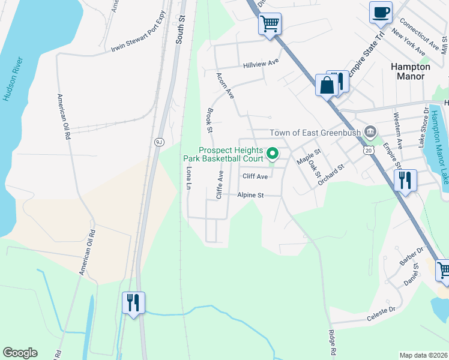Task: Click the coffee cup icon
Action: [x=381, y=13]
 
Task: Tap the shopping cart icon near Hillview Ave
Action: [x=270, y=24]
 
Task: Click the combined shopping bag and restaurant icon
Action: [x=330, y=84]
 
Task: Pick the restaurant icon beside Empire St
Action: [x=405, y=179]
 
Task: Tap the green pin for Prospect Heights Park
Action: [x=273, y=154]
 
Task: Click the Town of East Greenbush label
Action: [x=316, y=133]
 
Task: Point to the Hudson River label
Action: [x=13, y=80]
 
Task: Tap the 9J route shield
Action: [x=159, y=142]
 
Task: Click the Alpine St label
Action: [x=250, y=195]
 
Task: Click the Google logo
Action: [x=20, y=353]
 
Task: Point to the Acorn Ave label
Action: [x=225, y=86]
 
